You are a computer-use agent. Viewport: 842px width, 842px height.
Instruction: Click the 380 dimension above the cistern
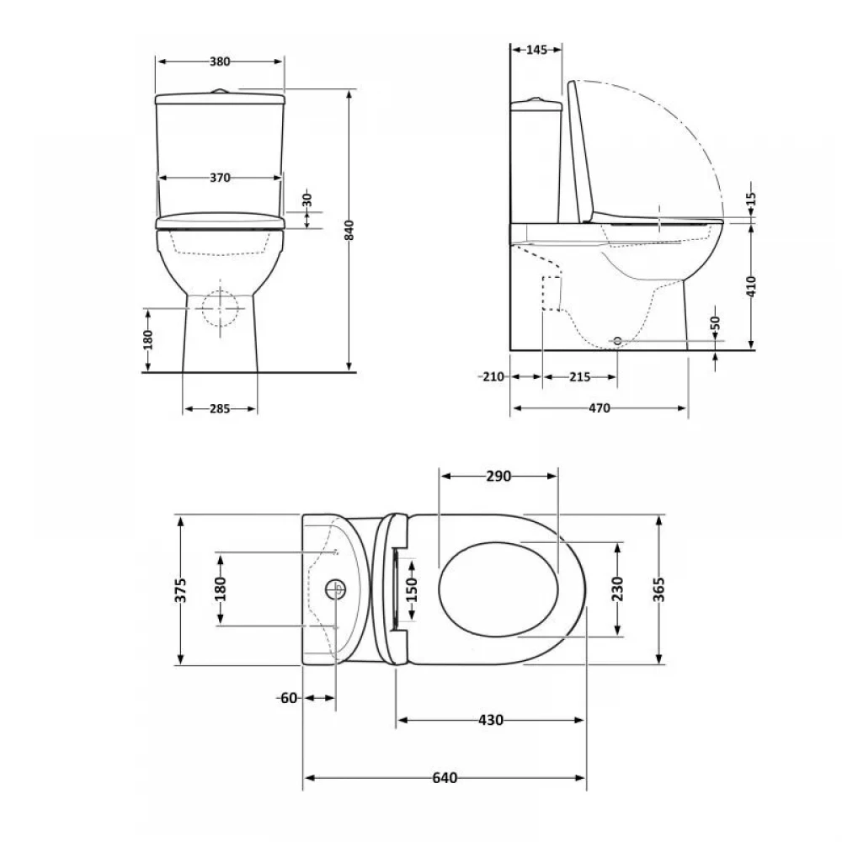(x=220, y=61)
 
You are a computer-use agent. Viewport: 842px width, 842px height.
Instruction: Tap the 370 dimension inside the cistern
(x=220, y=178)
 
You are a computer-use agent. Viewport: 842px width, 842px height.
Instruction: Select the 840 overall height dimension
(x=349, y=230)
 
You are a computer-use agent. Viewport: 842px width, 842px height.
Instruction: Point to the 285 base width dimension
(x=220, y=408)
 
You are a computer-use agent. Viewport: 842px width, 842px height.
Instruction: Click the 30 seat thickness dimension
(x=307, y=200)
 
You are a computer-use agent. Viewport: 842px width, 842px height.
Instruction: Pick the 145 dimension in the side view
(x=536, y=50)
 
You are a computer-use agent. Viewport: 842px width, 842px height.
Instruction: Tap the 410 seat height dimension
(x=751, y=286)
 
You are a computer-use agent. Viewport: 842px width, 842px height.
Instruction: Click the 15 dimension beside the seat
(x=751, y=200)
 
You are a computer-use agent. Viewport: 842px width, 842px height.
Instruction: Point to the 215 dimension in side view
(x=579, y=377)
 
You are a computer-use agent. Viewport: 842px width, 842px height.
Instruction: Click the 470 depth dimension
(x=600, y=408)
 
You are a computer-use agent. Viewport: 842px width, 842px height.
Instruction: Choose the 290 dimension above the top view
(x=498, y=477)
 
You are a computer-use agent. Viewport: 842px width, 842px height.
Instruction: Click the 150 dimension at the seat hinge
(x=412, y=589)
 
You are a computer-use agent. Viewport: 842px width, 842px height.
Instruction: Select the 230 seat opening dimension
(x=617, y=589)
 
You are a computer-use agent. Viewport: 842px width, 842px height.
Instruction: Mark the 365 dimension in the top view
(x=659, y=589)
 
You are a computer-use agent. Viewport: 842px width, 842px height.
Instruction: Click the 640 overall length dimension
(x=445, y=777)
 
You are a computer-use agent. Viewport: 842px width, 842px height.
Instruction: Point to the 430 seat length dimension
(x=491, y=720)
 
